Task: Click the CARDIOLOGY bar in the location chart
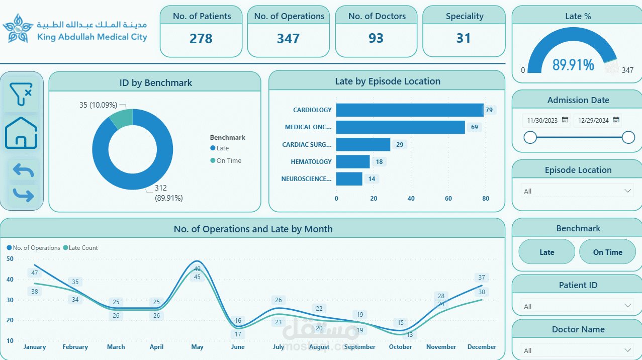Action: click(409, 110)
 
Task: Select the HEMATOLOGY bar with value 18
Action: click(352, 161)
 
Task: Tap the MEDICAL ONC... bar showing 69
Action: click(400, 127)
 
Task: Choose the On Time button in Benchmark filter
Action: click(607, 252)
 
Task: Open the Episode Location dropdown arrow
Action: click(627, 191)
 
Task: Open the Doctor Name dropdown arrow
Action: click(627, 350)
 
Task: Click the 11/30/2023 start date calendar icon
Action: click(565, 120)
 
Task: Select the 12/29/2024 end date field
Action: click(594, 121)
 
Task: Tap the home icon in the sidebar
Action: click(21, 133)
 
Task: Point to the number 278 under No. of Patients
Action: click(201, 39)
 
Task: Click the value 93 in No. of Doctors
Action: click(376, 39)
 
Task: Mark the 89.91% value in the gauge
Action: click(573, 65)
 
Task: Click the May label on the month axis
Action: click(197, 347)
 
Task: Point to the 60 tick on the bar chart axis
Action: click(448, 199)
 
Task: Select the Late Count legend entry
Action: click(83, 248)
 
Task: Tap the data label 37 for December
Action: click(482, 278)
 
